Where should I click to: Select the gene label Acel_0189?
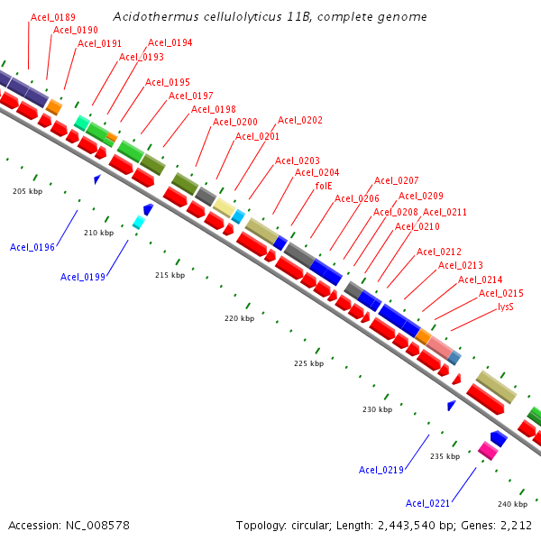click(53, 17)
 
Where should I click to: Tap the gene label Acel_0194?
click(170, 42)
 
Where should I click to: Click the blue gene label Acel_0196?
click(32, 247)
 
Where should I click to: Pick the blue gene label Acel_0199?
click(83, 277)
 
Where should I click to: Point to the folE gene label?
click(325, 186)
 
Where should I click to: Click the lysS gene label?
click(506, 307)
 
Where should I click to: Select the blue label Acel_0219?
click(381, 470)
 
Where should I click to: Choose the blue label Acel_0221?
click(428, 503)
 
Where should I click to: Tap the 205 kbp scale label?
click(27, 191)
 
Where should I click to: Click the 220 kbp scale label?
click(240, 319)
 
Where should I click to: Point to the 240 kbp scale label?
click(512, 504)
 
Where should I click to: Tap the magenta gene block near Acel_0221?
click(487, 450)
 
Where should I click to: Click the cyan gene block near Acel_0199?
click(139, 222)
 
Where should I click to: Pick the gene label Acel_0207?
click(397, 180)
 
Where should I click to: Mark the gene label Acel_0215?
click(501, 293)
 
